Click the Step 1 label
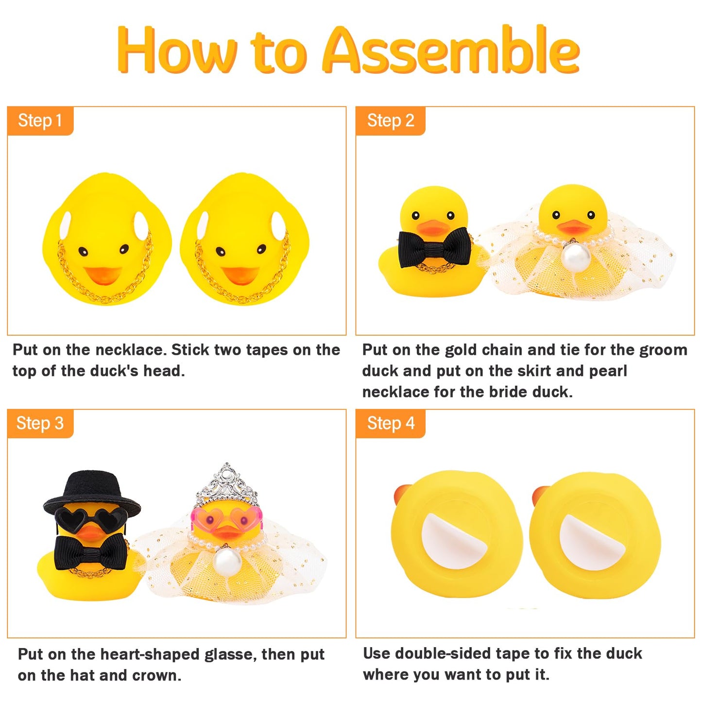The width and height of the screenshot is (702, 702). [40, 120]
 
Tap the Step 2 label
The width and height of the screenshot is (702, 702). [390, 120]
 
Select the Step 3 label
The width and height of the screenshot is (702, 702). [40, 423]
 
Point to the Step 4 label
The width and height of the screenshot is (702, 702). [390, 423]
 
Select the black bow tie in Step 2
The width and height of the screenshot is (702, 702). [434, 248]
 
